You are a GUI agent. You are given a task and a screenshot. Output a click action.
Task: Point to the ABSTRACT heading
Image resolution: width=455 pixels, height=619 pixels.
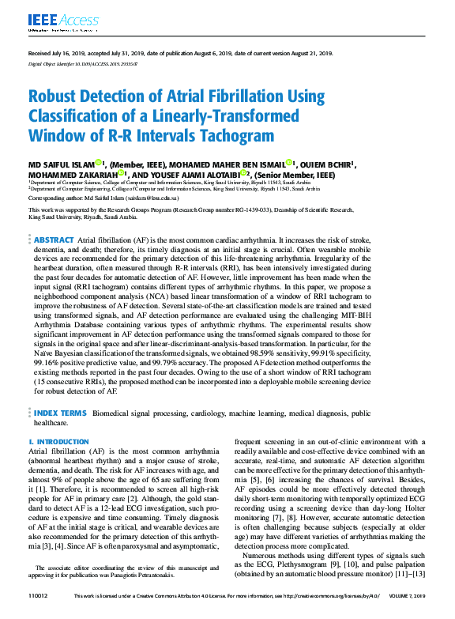tap(54, 239)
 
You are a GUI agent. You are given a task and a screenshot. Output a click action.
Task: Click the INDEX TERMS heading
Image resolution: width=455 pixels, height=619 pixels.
tap(59, 413)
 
